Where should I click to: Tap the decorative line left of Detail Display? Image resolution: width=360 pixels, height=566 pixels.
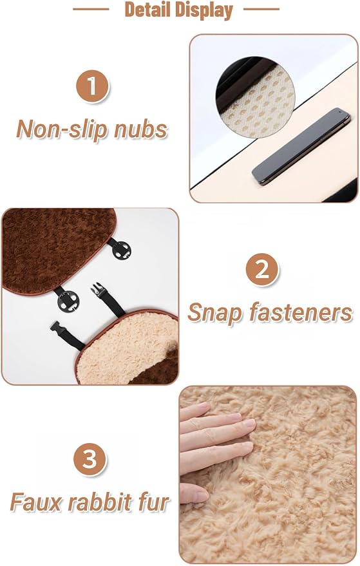[x=91, y=9]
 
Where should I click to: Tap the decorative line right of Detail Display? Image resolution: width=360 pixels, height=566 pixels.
[x=261, y=9]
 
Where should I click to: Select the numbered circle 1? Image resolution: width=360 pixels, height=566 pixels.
[x=92, y=86]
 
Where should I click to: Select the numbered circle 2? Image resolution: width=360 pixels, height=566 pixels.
[x=261, y=269]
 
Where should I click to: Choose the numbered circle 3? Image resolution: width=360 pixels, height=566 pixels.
[x=90, y=459]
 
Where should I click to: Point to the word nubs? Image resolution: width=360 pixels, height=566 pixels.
[x=141, y=129]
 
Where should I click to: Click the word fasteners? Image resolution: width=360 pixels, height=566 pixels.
[x=301, y=312]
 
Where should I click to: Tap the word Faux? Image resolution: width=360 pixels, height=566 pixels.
[x=35, y=502]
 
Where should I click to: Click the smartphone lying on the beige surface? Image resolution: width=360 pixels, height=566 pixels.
[x=301, y=146]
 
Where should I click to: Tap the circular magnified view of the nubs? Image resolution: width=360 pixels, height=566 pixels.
[x=255, y=97]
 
